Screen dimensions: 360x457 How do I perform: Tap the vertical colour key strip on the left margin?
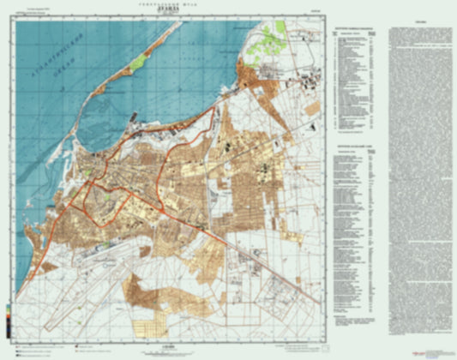[8, 305]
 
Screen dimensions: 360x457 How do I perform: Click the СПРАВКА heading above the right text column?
[420, 21]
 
